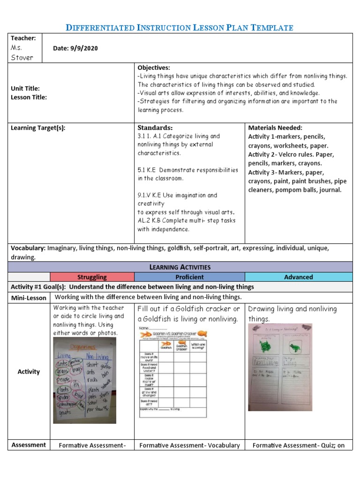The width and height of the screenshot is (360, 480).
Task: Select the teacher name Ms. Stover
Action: click(22, 52)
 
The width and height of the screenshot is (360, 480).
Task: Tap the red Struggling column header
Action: click(92, 277)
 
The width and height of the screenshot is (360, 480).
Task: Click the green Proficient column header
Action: click(189, 277)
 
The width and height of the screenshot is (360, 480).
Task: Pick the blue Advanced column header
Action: click(298, 277)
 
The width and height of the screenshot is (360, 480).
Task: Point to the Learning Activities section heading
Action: click(180, 267)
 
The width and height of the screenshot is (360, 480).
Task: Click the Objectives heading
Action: click(153, 67)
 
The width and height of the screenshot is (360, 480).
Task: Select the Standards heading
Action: click(155, 127)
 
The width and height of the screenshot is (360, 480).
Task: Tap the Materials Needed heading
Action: click(275, 127)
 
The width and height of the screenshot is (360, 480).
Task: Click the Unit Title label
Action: click(25, 89)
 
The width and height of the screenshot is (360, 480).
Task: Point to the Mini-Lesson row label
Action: click(29, 298)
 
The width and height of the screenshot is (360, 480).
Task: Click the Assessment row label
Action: click(29, 445)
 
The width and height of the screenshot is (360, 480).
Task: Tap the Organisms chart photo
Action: click(85, 381)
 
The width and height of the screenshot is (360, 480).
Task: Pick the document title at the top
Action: click(180, 28)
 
